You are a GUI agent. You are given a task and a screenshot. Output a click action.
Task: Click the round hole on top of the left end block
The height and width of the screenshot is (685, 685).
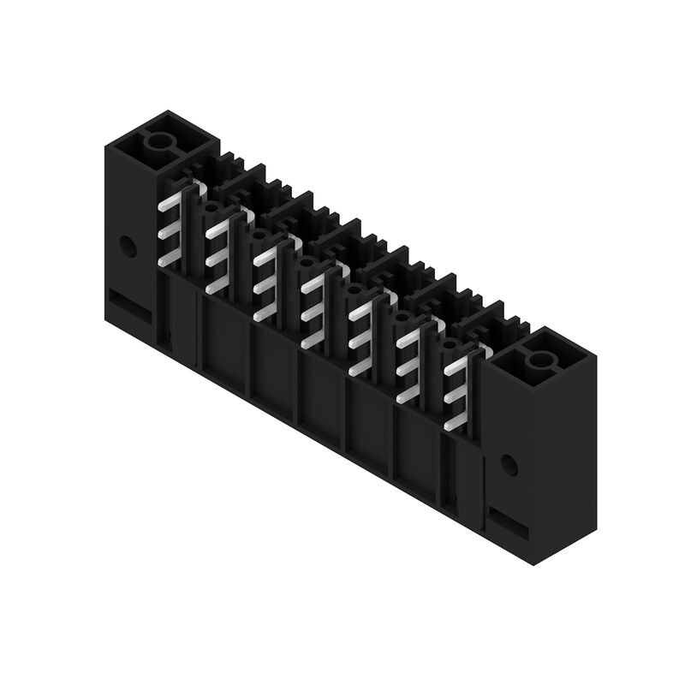pyautogui.click(x=158, y=142)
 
